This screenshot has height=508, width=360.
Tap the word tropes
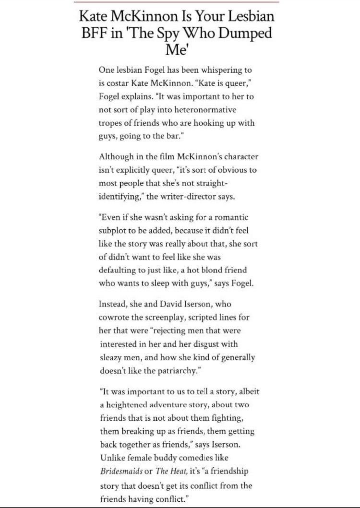[112, 122]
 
